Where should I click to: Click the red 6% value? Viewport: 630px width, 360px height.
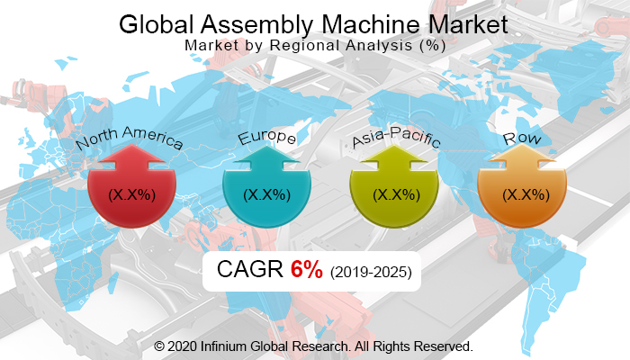click(306, 270)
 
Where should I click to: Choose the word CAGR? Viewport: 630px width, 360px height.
click(250, 270)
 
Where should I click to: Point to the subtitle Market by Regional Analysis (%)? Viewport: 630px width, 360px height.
click(315, 44)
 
